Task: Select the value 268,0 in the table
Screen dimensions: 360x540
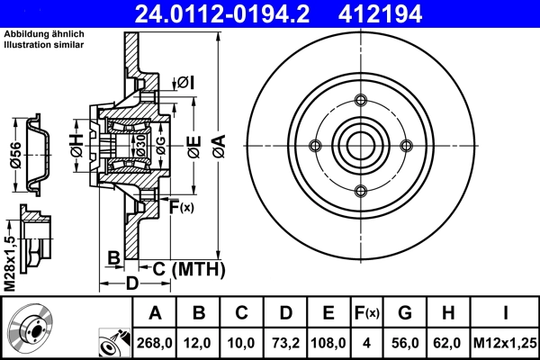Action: tap(155, 343)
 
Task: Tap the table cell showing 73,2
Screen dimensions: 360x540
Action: tap(285, 343)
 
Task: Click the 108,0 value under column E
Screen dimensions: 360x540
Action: tap(328, 343)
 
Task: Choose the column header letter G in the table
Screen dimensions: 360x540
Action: tap(404, 312)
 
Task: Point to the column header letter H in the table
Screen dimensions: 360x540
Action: tap(447, 312)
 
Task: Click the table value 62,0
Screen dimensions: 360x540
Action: tap(447, 343)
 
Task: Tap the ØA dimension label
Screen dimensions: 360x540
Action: tap(219, 144)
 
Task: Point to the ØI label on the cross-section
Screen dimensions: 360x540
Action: tap(185, 82)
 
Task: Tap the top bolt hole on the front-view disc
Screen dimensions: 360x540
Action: tap(361, 101)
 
